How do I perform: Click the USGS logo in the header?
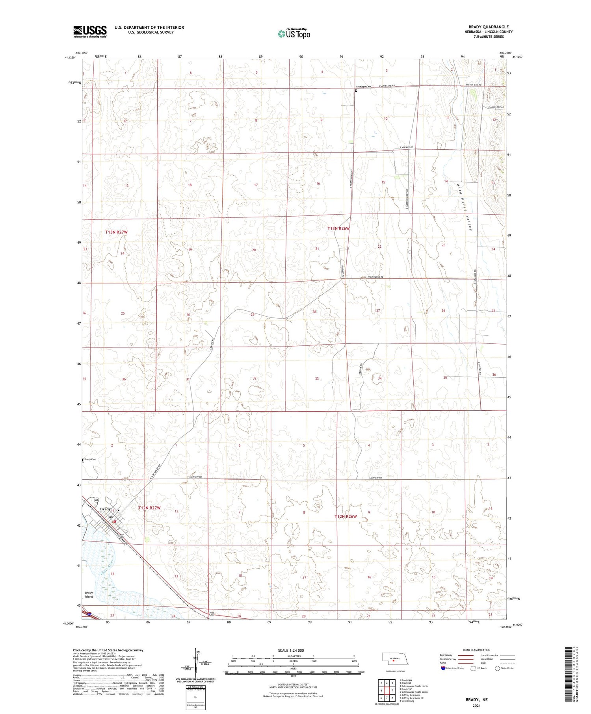click(x=90, y=32)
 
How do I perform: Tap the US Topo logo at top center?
click(x=294, y=33)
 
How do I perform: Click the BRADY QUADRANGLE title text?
click(x=489, y=27)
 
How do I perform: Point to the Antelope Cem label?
click(x=363, y=87)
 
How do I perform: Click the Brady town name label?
click(x=105, y=509)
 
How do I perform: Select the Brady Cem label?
click(x=90, y=459)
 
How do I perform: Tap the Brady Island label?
click(x=89, y=595)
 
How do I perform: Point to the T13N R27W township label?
click(x=116, y=232)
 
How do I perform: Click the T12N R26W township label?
click(x=346, y=516)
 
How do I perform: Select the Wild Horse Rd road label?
click(x=375, y=277)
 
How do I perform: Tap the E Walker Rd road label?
click(x=406, y=147)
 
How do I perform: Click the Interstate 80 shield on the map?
click(x=90, y=614)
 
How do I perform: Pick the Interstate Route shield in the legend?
click(x=443, y=668)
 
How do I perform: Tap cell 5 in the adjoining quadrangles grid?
click(x=392, y=690)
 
